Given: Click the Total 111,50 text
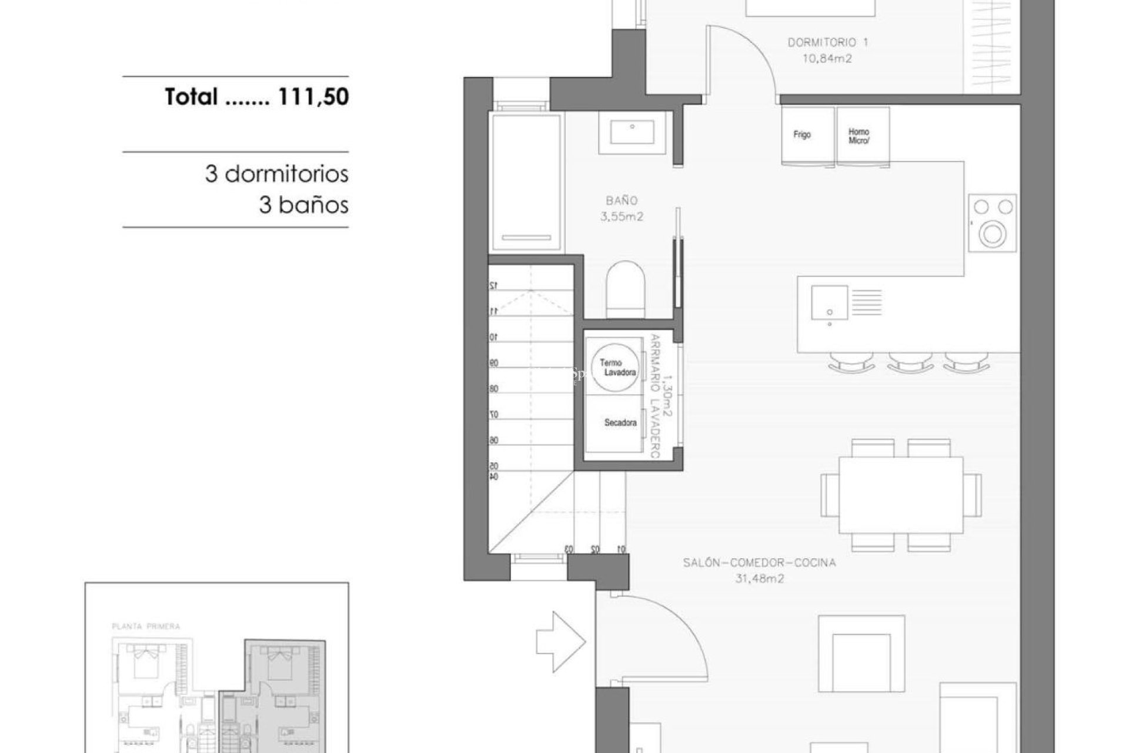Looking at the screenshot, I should (257, 97).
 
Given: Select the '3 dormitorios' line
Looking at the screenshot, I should (276, 174).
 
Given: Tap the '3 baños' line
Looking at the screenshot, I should (303, 205).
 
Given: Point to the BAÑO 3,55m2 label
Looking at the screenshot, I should (622, 208).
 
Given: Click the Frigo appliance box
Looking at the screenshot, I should (807, 135).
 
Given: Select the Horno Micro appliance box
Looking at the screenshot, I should (862, 135).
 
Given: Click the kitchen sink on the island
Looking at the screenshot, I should (829, 302).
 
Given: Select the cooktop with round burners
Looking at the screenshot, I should (992, 223).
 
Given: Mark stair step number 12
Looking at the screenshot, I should (493, 285).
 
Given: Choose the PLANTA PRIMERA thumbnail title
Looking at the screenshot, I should (145, 627).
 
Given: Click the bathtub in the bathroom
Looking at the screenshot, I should (526, 182).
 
